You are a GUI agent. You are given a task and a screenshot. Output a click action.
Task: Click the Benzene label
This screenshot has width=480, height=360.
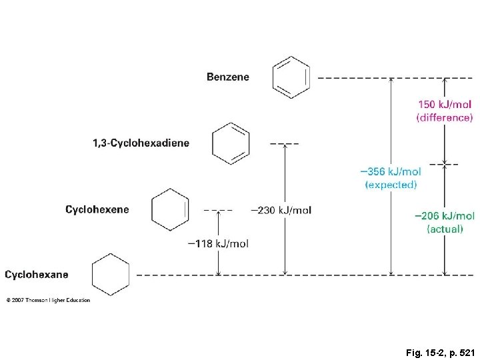coord(228,77)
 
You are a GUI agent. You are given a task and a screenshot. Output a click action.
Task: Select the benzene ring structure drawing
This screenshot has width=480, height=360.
coord(291,77)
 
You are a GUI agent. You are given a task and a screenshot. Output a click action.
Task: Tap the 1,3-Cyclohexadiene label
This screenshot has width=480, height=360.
coord(141,143)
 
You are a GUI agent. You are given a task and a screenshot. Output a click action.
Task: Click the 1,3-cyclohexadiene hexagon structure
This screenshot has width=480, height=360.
coord(231,143)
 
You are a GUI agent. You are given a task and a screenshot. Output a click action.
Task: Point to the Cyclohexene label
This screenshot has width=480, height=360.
coord(97,209)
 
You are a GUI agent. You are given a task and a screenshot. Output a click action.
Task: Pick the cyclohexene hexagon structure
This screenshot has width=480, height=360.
coord(171,209)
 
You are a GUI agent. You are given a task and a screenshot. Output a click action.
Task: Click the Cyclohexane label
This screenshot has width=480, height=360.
coord(37,274)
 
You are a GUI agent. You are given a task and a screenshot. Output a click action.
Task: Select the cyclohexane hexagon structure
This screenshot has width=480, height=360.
coord(111,275)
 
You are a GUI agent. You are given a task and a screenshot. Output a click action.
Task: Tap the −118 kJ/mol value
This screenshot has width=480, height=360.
coord(218,243)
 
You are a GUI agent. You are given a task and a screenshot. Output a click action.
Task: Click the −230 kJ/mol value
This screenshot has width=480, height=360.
coord(281,210)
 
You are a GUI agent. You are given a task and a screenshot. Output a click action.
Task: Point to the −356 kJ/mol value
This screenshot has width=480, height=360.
coord(391,171)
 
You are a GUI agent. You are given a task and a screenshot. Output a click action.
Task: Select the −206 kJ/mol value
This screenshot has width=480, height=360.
coord(445,215)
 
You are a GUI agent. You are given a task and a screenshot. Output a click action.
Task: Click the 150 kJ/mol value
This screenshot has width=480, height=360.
coord(445,105)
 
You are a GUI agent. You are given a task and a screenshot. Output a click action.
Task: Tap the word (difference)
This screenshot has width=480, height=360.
coord(445,118)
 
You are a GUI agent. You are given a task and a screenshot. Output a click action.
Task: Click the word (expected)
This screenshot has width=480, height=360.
coord(391,185)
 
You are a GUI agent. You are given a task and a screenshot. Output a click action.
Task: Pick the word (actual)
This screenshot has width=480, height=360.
coord(445,229)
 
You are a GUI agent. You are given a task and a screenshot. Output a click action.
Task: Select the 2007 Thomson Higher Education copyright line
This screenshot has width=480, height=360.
coord(48,300)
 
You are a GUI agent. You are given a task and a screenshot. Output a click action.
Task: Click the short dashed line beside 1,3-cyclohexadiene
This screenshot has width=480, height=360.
coord(285,143)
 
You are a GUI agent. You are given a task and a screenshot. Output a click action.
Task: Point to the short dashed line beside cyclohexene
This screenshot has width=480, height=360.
coord(218,209)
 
